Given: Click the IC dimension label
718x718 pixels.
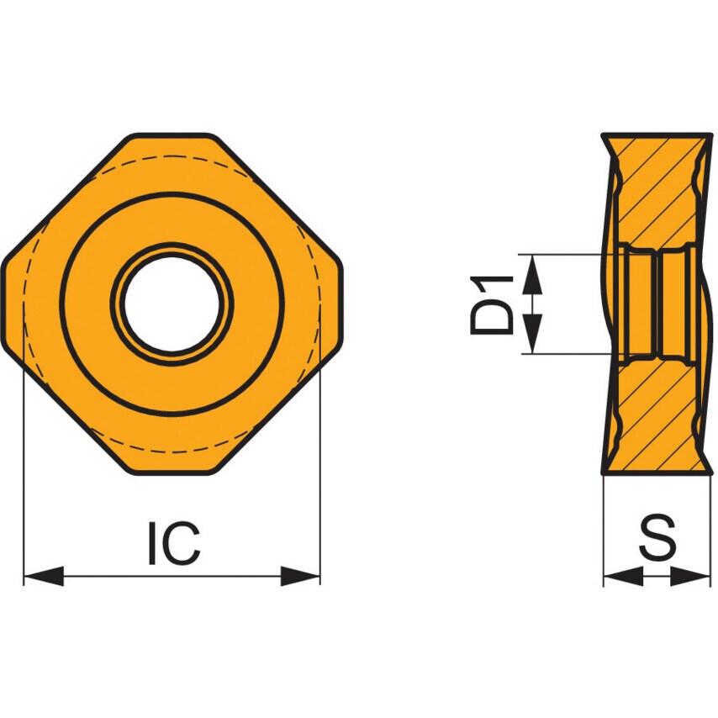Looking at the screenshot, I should (x=174, y=543).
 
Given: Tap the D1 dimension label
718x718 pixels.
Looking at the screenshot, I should (x=492, y=304).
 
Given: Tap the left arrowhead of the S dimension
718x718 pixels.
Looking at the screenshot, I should (x=623, y=576).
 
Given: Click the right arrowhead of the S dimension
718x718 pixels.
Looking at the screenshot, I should (x=690, y=576).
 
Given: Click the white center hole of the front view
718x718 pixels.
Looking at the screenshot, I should (x=172, y=304).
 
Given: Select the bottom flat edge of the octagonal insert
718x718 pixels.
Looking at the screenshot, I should (x=172, y=474).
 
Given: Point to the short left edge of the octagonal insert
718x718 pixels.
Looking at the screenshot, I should (x=3, y=304).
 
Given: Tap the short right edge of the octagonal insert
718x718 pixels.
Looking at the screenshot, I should (x=343, y=304).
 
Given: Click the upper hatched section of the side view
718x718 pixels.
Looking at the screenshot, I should (x=656, y=193).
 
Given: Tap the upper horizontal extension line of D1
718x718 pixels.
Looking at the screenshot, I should (x=572, y=253).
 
